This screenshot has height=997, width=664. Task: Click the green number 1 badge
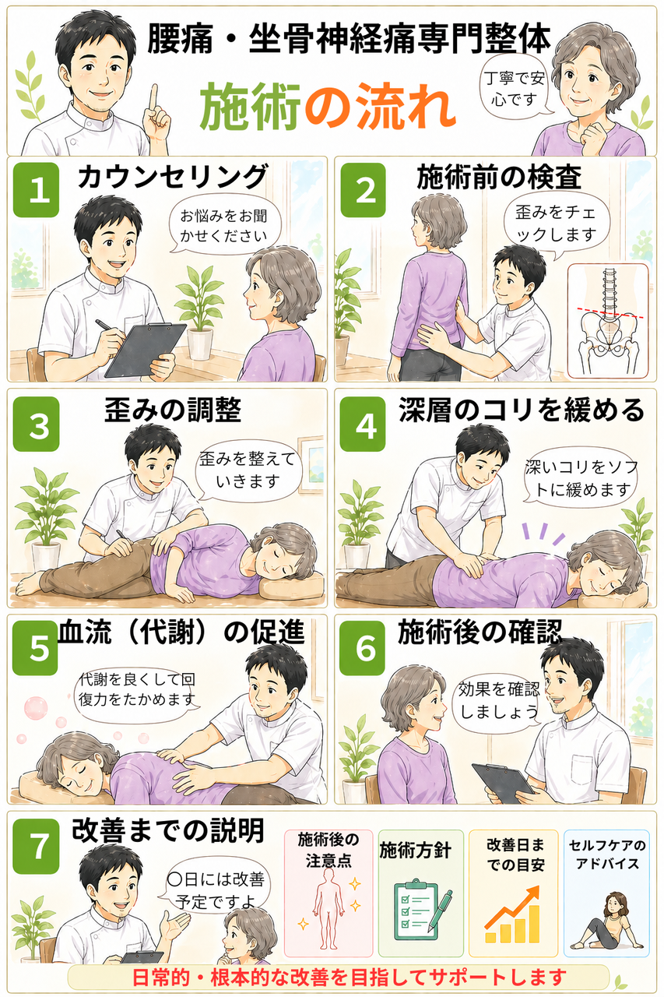36,190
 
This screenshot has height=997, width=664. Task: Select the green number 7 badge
36,846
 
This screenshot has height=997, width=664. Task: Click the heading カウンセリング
174,176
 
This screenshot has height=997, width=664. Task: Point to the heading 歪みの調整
173,410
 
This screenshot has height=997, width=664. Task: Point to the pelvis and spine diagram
608,320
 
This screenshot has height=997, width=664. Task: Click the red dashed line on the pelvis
610,312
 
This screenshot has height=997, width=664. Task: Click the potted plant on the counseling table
199,312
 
